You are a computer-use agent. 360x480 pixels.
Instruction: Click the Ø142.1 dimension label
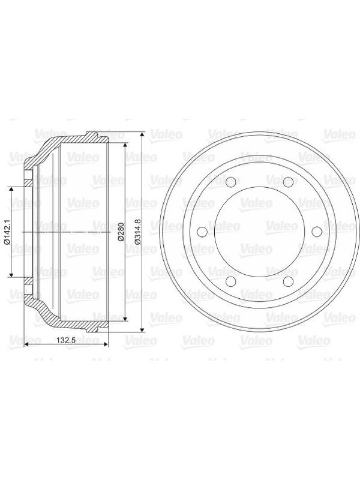pyautogui.click(x=6, y=232)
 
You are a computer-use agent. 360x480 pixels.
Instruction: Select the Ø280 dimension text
pyautogui.click(x=121, y=232)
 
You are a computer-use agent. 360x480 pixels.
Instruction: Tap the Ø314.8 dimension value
pyautogui.click(x=137, y=232)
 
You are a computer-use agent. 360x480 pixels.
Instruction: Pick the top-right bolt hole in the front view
pyautogui.click(x=288, y=182)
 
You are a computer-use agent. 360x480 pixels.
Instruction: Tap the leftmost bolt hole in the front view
pyautogui.click(x=202, y=232)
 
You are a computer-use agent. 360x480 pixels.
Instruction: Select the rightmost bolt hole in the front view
pyautogui.click(x=317, y=232)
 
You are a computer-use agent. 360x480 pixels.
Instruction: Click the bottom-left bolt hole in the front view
pyautogui.click(x=230, y=281)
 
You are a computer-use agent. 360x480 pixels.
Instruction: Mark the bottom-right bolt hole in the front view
pyautogui.click(x=288, y=281)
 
